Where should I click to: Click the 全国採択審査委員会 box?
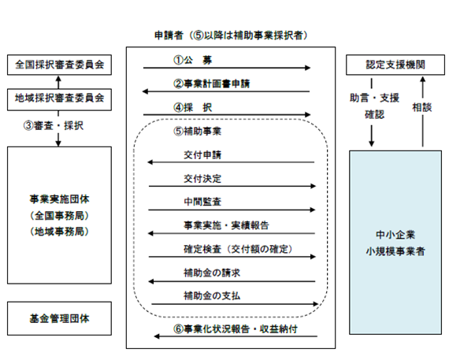coord(59,65)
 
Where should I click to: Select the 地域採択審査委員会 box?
coord(59,99)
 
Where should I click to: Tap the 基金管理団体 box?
coord(59,318)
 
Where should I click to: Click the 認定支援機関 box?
coord(395,65)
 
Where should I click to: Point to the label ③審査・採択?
coord(54,125)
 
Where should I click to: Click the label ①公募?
coord(192,60)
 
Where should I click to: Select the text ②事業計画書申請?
coord(211,84)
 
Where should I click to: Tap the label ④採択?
coord(192,108)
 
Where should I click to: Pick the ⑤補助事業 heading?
coord(197,132)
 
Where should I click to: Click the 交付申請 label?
coord(202,155)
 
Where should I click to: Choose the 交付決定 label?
coord(202,179)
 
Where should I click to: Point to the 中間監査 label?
coord(202,202)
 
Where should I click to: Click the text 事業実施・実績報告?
coord(226,225)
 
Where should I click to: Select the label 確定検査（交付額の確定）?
coord(238,249)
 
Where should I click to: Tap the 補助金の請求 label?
coord(212,273)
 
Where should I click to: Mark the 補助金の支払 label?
coord(212,295)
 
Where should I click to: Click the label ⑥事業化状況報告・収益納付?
coord(236,328)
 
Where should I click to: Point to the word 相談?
coord(421,107)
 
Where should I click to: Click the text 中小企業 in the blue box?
coord(395,235)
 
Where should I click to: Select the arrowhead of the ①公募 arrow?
coord(308,68)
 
